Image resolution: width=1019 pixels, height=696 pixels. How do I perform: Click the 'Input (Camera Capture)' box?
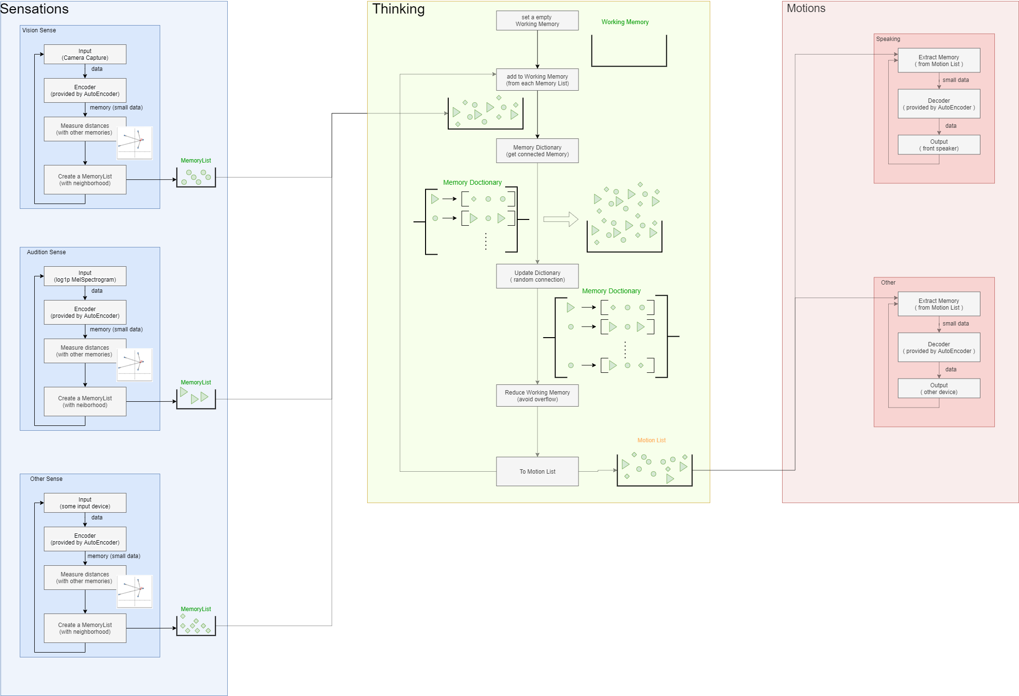tap(85, 55)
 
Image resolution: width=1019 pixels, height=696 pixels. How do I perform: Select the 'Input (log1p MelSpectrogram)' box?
tap(85, 276)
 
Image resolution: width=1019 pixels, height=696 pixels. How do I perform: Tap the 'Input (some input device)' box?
tap(85, 503)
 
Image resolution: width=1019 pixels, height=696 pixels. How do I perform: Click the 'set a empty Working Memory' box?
tap(537, 21)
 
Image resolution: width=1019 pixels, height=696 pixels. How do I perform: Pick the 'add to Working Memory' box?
tap(537, 80)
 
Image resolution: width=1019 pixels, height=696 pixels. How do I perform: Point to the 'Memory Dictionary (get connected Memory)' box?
tap(537, 151)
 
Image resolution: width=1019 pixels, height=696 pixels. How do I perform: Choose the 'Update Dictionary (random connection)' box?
tap(537, 276)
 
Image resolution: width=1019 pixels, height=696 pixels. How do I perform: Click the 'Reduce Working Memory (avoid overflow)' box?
tap(537, 396)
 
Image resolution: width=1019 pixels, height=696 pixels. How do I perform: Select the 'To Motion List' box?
tap(537, 472)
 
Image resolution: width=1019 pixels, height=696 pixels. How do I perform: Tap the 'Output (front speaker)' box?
tap(938, 145)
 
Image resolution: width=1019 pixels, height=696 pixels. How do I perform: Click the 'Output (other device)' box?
tap(938, 389)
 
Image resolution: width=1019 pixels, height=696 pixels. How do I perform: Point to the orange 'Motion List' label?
tap(651, 440)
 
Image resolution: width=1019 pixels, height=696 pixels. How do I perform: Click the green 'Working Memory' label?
tap(625, 22)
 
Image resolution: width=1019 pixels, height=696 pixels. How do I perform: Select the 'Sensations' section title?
tap(35, 9)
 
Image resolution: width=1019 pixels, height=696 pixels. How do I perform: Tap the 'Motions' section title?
tap(806, 9)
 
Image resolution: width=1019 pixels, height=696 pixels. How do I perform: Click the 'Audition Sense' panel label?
tap(46, 252)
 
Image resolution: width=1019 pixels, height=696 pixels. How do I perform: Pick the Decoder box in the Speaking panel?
tap(938, 104)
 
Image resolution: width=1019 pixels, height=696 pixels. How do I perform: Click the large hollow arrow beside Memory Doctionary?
tap(561, 219)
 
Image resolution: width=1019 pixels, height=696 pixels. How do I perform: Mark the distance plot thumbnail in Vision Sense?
tap(135, 143)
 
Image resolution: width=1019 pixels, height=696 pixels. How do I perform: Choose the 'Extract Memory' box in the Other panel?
tap(938, 304)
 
